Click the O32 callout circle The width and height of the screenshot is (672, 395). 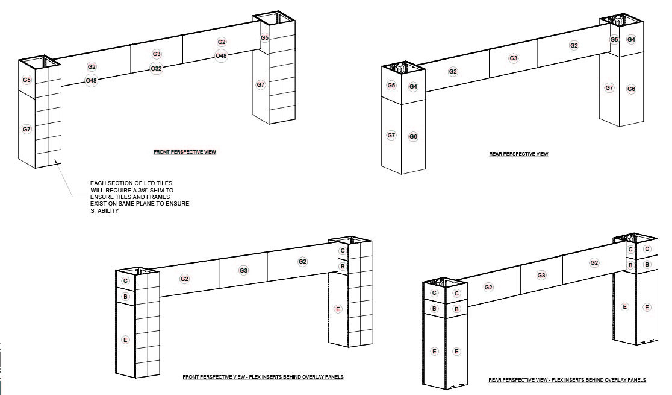tap(157, 68)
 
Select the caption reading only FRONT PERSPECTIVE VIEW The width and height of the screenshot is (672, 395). tap(185, 152)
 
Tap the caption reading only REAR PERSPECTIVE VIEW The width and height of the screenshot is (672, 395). tap(518, 154)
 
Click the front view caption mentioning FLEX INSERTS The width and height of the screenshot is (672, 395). tap(263, 377)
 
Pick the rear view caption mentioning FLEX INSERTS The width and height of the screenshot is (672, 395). tap(567, 380)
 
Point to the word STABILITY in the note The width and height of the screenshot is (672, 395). tap(105, 211)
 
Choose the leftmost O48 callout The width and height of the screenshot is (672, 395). tap(92, 80)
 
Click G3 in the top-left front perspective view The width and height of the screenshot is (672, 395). tap(157, 54)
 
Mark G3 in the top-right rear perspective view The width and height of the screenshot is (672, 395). tap(514, 58)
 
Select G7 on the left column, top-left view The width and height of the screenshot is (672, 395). tap(26, 129)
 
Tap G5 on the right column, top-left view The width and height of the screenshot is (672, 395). tap(265, 38)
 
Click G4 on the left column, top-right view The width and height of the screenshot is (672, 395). tap(413, 87)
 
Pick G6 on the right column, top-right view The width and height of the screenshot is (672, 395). tap(631, 89)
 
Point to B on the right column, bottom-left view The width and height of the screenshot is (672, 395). tap(343, 266)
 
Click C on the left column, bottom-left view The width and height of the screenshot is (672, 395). tap(126, 281)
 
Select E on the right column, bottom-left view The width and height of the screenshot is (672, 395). tap(338, 309)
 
